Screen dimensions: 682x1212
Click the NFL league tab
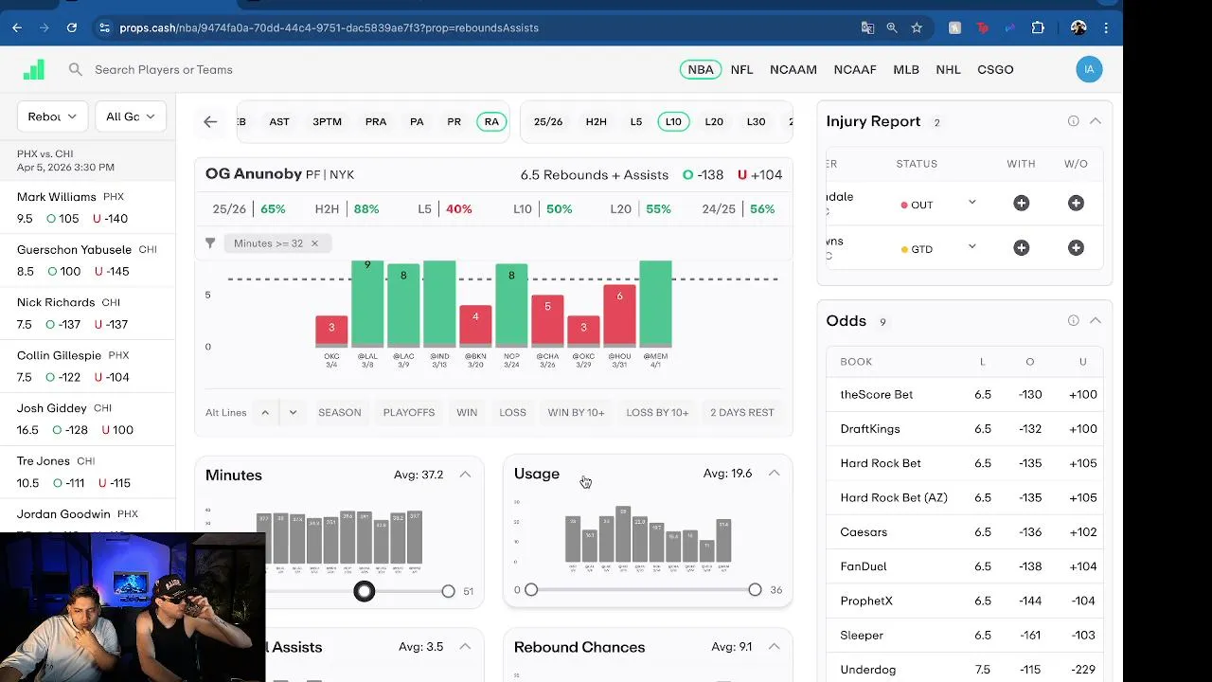(741, 69)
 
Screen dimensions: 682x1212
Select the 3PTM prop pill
(327, 121)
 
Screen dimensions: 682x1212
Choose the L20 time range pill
(714, 121)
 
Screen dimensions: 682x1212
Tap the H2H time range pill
(596, 121)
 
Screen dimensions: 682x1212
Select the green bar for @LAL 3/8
(367, 303)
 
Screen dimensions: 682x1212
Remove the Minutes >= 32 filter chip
(314, 243)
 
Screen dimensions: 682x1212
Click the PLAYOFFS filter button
(409, 412)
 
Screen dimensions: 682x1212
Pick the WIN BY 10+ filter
(576, 412)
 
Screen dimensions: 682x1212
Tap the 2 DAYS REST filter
(742, 412)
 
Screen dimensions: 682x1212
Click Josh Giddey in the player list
(52, 408)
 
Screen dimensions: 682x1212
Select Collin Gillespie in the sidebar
(59, 355)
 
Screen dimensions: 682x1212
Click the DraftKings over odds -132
(1030, 429)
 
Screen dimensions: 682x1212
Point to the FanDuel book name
(864, 566)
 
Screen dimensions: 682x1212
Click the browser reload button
(72, 27)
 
